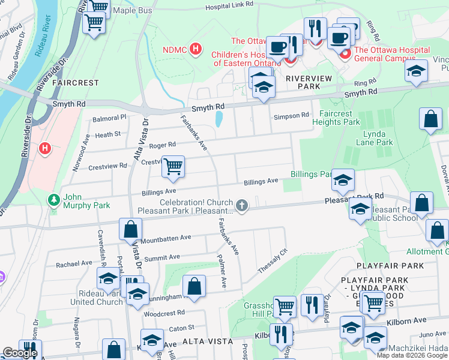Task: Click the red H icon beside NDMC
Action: (x=195, y=49)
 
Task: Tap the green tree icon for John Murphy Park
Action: (x=55, y=198)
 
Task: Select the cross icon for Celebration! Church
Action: (x=242, y=206)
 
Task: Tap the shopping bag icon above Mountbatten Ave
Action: (x=130, y=229)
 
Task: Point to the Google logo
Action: (x=20, y=353)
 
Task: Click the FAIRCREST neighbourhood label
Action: (x=76, y=82)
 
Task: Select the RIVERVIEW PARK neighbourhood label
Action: (x=311, y=79)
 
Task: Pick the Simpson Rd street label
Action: (x=291, y=115)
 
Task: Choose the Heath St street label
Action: (x=107, y=134)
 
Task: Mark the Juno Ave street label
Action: (x=432, y=334)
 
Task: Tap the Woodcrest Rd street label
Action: (x=160, y=313)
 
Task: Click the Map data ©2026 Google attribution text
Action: (x=412, y=355)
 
